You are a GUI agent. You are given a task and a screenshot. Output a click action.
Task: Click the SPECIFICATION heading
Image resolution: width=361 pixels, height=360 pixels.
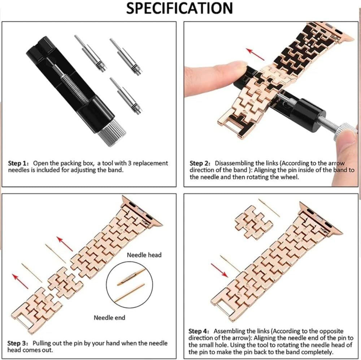pyautogui.click(x=179, y=8)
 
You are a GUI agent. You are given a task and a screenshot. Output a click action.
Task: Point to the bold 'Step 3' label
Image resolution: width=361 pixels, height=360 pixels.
pyautogui.click(x=19, y=343)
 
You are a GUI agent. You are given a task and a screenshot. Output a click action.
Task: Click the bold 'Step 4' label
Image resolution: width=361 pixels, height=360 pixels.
pyautogui.click(x=200, y=331)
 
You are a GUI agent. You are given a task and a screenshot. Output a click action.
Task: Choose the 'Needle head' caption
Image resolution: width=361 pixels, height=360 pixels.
pyautogui.click(x=144, y=255)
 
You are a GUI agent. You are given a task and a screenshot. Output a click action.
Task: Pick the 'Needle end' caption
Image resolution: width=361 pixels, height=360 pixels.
pyautogui.click(x=109, y=318)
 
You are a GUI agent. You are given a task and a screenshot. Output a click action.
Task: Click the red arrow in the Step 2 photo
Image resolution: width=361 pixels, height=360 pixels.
pyautogui.click(x=255, y=53)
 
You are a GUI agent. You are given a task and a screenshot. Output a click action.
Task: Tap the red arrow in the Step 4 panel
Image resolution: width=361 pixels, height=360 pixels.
pyautogui.click(x=219, y=270)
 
